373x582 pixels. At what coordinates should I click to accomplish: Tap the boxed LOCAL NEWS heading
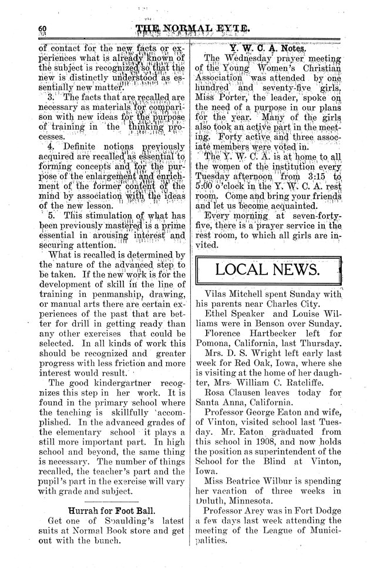(x=267, y=270)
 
